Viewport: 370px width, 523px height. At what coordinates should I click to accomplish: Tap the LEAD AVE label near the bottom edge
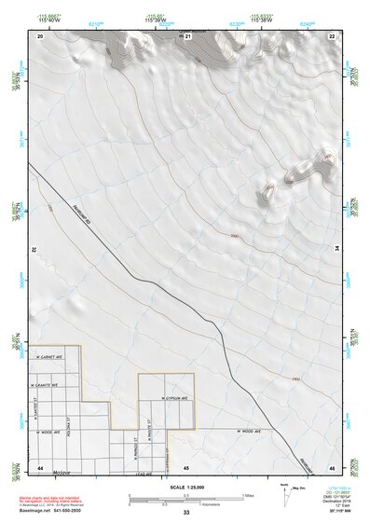coord(143,473)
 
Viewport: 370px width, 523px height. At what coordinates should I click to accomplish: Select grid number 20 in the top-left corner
coord(40,35)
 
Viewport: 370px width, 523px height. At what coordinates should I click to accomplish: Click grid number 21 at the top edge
coord(187,35)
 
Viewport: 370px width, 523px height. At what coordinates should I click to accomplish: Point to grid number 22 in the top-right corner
coord(333,35)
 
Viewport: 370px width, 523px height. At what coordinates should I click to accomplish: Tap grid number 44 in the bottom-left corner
coord(40,466)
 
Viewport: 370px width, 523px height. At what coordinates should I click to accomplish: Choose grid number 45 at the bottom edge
coord(186,466)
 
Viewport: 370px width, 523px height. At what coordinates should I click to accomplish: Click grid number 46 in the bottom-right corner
coord(333,466)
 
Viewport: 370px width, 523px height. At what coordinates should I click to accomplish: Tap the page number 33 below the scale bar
coord(186,513)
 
